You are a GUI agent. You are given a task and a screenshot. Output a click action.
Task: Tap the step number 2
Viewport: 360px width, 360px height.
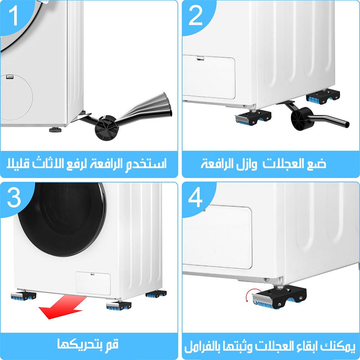click(x=195, y=15)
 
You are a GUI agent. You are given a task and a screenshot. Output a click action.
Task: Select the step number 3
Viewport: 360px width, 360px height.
click(x=14, y=197)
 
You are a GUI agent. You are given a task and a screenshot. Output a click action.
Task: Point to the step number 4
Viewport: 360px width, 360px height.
click(x=195, y=197)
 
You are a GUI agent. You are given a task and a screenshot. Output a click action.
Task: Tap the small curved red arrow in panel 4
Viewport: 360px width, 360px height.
click(x=248, y=295)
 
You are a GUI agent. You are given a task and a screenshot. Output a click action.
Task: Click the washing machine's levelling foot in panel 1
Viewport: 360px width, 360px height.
click(x=55, y=130)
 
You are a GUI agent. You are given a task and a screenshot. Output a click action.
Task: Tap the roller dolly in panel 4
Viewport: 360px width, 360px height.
click(x=279, y=297)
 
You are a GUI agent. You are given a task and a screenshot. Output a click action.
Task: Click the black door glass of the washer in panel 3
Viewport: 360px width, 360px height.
click(x=62, y=219)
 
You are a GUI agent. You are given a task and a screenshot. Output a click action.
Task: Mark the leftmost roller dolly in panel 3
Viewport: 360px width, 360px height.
click(x=23, y=296)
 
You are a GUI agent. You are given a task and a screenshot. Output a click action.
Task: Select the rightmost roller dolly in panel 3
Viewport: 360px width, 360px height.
click(x=156, y=294)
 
